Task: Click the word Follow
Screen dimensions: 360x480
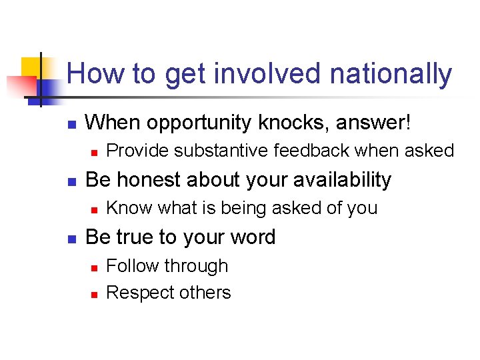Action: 133,265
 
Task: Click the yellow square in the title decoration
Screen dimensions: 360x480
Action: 33,67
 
